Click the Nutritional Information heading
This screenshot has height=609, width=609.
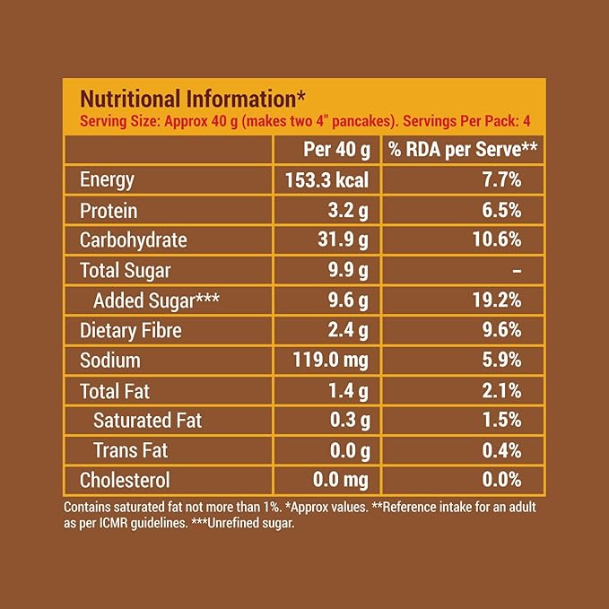coord(194,98)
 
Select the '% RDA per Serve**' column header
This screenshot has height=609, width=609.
coord(463,149)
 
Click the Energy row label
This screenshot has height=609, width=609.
coord(107,179)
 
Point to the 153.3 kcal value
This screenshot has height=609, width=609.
coord(326,179)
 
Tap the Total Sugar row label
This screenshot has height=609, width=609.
coord(125,270)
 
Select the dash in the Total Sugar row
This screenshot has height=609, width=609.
coord(517,270)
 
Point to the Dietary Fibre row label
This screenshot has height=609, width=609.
coord(131,330)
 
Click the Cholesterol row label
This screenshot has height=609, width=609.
coord(125,481)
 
